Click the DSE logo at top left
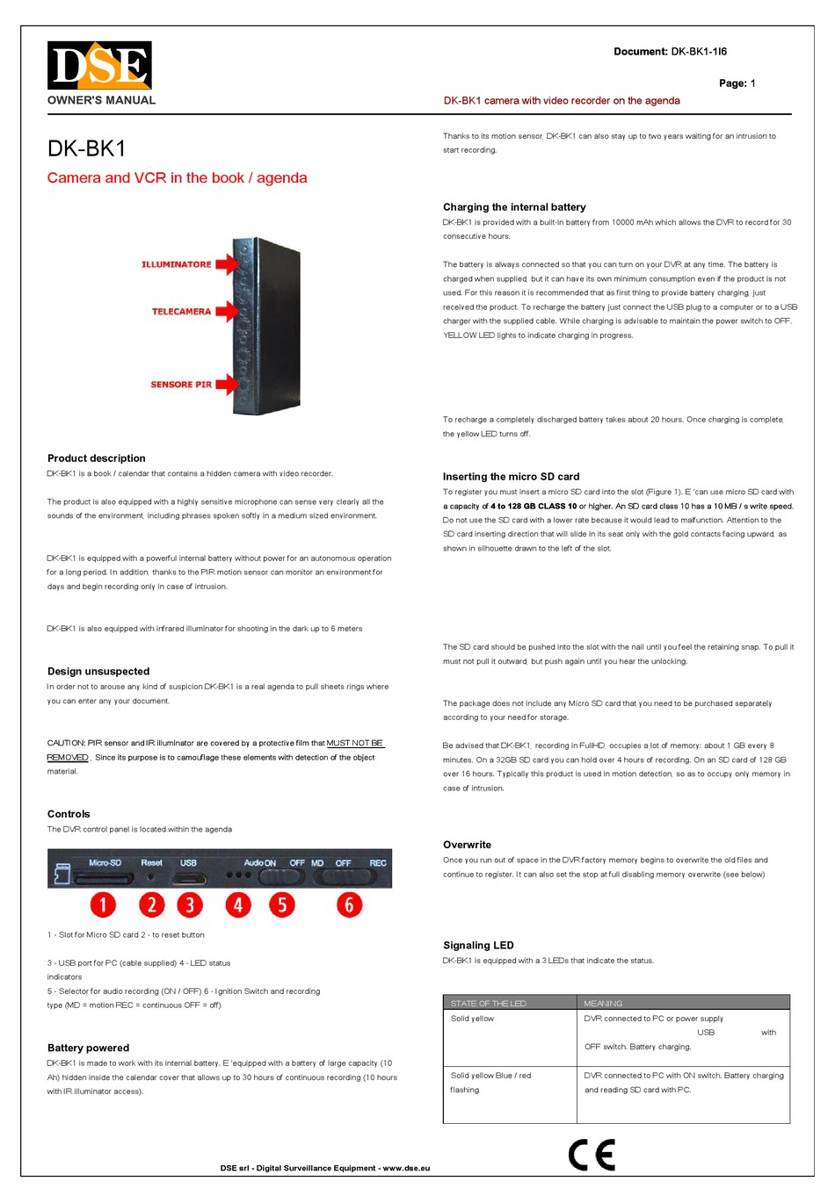pos(99,66)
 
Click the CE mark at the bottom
pos(592,1155)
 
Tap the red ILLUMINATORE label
pos(176,264)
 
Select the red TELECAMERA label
pos(181,312)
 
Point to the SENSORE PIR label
pos(181,385)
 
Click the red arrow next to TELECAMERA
pos(227,311)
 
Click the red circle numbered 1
pos(103,904)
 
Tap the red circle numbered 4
pos(237,904)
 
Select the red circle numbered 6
pos(349,904)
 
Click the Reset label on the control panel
pos(151,863)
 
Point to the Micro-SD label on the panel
pos(105,863)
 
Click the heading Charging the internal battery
pos(514,207)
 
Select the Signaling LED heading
pos(478,946)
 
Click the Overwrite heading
pos(467,845)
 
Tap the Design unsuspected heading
pos(98,672)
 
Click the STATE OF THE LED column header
pos(488,1003)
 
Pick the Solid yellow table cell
pos(472,1019)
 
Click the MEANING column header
pos(603,1003)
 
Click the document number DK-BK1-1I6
pos(699,52)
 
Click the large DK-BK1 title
pos(87,149)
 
